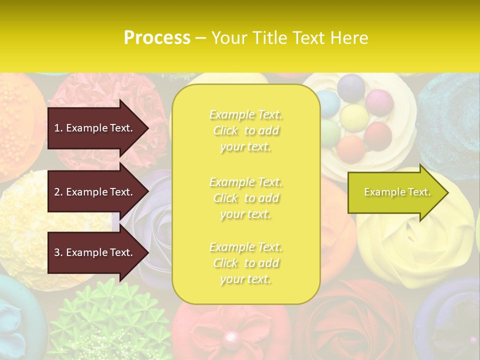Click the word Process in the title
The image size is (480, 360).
click(x=157, y=37)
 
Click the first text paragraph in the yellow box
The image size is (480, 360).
click(x=245, y=130)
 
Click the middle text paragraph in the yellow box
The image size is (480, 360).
click(x=245, y=198)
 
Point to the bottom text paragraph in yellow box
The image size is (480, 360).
click(x=245, y=263)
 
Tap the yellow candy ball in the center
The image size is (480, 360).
click(x=354, y=115)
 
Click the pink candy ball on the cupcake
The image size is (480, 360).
click(x=379, y=102)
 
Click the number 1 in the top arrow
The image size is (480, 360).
click(x=56, y=128)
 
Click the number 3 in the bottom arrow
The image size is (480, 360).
click(x=57, y=252)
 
